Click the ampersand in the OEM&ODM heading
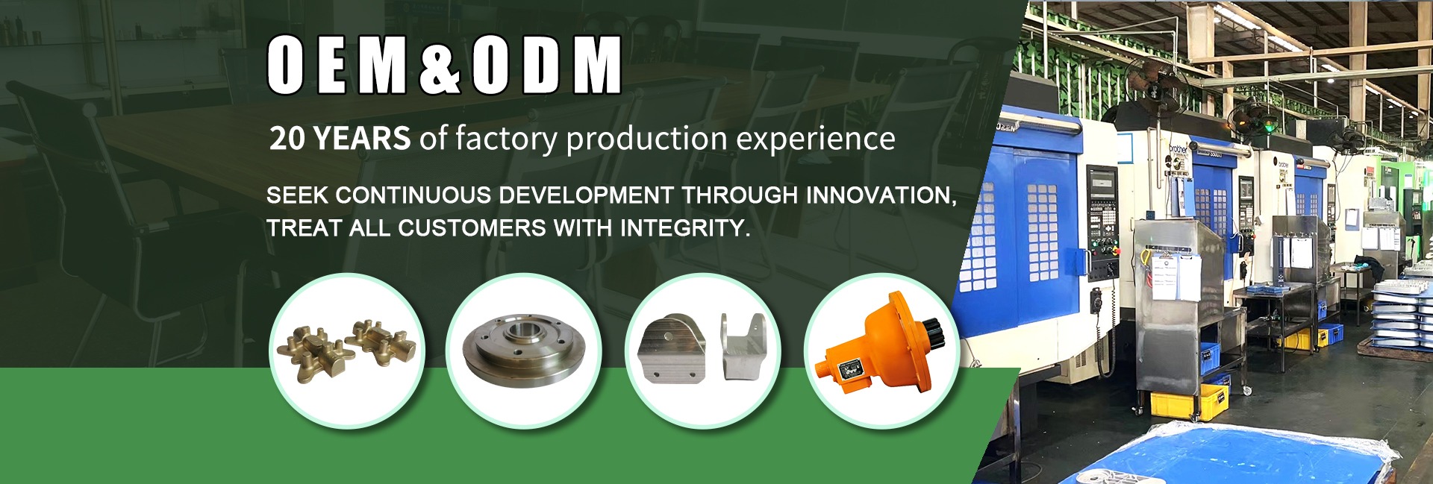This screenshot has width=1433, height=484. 440,66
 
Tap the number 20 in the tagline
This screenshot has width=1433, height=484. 287,139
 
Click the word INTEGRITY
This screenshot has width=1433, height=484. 684,227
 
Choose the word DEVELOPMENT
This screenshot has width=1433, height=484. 586,196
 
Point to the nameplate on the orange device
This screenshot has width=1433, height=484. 850,369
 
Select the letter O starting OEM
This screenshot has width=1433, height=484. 285,66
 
